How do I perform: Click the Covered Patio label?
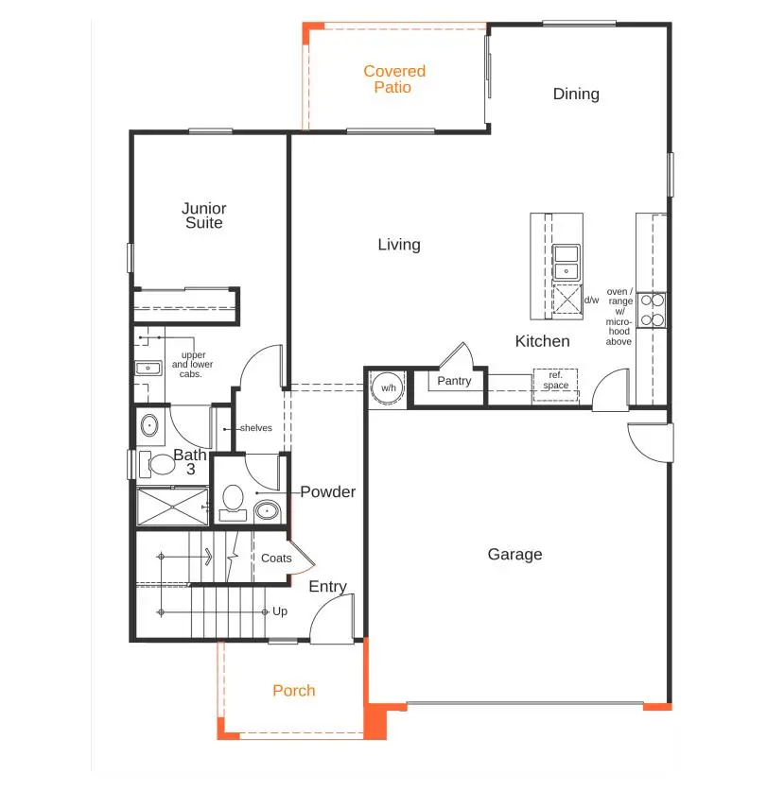394,79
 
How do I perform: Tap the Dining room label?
576,94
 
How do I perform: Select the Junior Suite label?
204,215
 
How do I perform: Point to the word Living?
399,245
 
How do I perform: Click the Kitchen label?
542,341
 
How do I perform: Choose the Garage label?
514,555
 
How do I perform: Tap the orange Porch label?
294,691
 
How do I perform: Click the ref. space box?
555,381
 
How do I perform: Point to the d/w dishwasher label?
591,301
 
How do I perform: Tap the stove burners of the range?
652,310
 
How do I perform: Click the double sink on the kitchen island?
567,262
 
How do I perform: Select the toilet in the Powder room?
231,499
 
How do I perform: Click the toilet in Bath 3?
158,464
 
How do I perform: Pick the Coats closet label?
276,559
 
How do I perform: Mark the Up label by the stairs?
280,611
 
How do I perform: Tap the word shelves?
255,428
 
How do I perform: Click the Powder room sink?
268,511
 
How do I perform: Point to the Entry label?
328,587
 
